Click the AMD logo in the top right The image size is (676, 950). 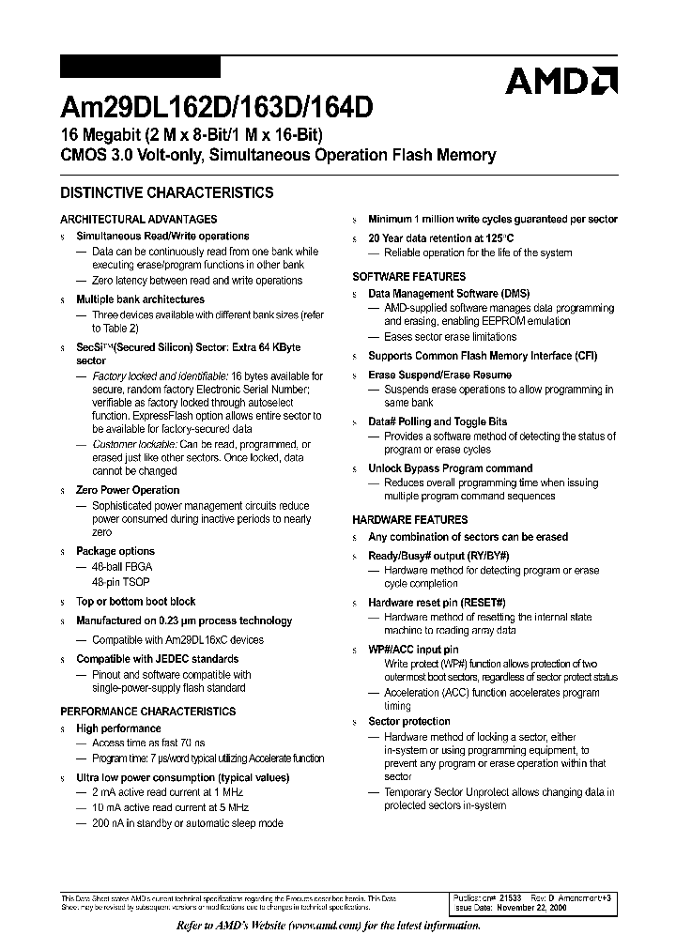point(561,82)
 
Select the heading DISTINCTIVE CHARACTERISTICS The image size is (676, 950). point(167,193)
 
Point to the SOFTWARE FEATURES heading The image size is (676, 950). point(408,277)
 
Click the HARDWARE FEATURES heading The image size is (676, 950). point(409,519)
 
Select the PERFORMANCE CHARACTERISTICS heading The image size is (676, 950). point(148,712)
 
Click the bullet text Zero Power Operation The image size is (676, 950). point(128,490)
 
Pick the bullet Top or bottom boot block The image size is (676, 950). point(135,602)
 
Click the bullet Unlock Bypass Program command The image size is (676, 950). point(450,468)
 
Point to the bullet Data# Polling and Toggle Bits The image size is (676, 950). point(437,421)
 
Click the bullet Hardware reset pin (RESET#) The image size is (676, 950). point(437,602)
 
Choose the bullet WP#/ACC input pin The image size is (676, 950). point(413,650)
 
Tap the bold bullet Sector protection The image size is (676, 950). point(408,721)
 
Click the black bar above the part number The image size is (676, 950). point(140,68)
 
